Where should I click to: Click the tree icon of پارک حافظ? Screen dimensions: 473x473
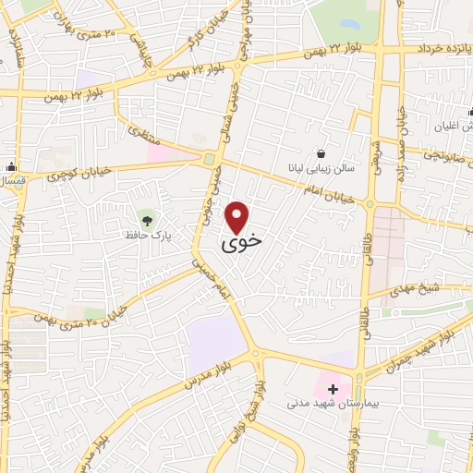[x=147, y=219]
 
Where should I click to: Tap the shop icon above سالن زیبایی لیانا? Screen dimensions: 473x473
[x=321, y=152]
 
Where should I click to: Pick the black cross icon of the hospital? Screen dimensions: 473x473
[x=333, y=389]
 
